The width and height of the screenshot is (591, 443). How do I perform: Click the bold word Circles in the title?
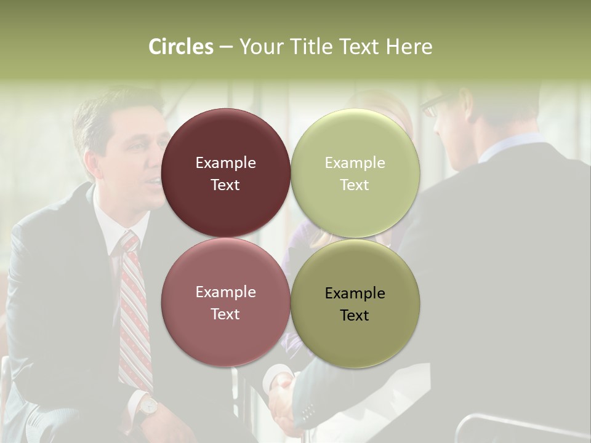pos(180,47)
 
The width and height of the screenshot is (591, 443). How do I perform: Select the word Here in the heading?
pos(409,47)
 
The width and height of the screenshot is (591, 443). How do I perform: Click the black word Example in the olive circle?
pos(355,293)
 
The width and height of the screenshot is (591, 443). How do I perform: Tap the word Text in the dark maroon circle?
pos(225,185)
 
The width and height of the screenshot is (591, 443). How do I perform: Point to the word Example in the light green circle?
pos(355,162)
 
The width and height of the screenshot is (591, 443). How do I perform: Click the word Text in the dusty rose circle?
pos(225,314)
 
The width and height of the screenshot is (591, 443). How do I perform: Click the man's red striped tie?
pos(134,314)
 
